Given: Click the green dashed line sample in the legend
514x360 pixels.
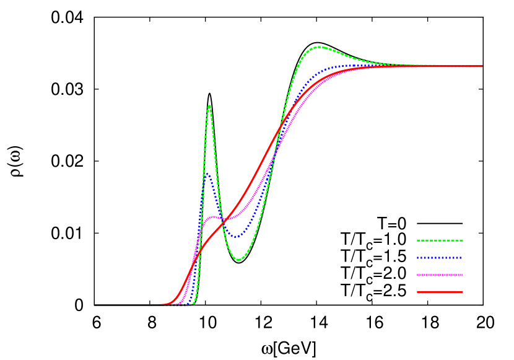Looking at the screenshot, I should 440,240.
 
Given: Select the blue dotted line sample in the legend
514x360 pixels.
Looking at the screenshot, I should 440,258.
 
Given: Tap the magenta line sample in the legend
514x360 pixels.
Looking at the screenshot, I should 440,275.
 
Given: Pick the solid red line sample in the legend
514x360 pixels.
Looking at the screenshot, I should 440,292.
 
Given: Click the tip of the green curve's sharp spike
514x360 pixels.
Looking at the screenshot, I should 209,106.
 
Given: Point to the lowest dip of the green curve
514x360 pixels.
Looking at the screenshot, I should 238,260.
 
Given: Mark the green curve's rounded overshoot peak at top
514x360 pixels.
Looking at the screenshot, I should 320,46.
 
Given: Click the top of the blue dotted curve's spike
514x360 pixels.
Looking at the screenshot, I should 207,174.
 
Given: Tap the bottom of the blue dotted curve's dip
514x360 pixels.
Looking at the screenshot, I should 236,237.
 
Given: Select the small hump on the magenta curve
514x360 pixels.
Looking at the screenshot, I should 214,216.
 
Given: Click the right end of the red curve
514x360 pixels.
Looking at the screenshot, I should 482,66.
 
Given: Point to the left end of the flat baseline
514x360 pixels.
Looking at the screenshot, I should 95,305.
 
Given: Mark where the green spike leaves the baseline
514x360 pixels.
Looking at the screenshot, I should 194,303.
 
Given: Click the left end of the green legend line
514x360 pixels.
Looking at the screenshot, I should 417,240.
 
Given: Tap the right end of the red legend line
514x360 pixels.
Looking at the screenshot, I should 463,292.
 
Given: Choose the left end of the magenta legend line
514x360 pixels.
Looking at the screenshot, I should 417,275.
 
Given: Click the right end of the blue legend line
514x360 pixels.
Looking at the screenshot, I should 463,258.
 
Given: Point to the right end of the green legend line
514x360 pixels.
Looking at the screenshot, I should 463,240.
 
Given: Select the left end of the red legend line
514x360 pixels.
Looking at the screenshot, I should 417,292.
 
